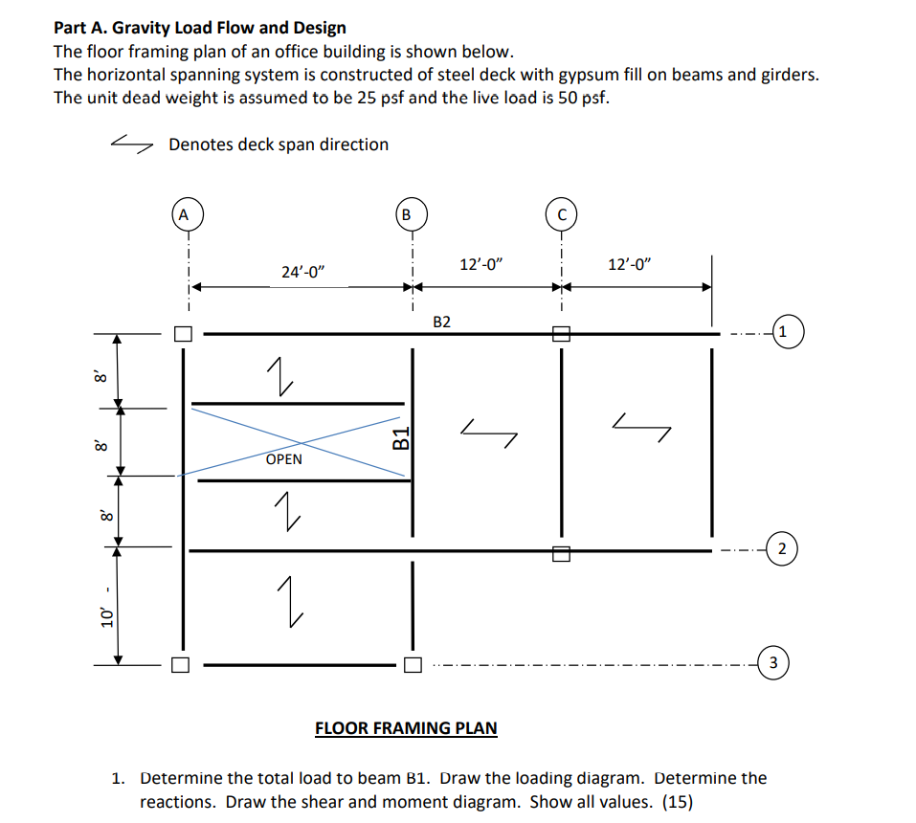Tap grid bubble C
point(561,214)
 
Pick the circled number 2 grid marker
point(782,549)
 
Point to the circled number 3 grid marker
point(774,661)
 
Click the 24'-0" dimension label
point(303,272)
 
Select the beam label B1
point(403,440)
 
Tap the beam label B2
point(441,322)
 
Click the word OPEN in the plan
point(283,459)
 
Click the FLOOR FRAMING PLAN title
point(406,727)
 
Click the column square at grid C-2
point(561,551)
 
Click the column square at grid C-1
point(561,334)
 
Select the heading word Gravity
point(146,28)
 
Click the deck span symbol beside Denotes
point(132,144)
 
